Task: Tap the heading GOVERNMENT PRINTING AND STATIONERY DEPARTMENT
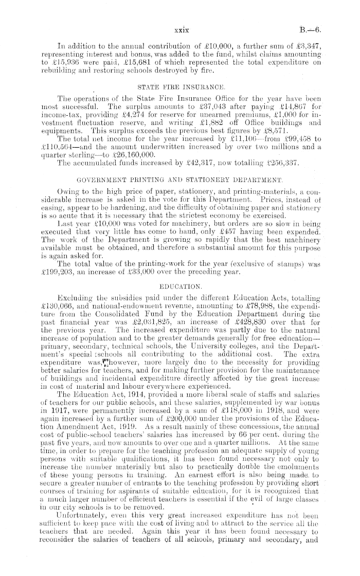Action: pyautogui.click(x=179, y=181)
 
